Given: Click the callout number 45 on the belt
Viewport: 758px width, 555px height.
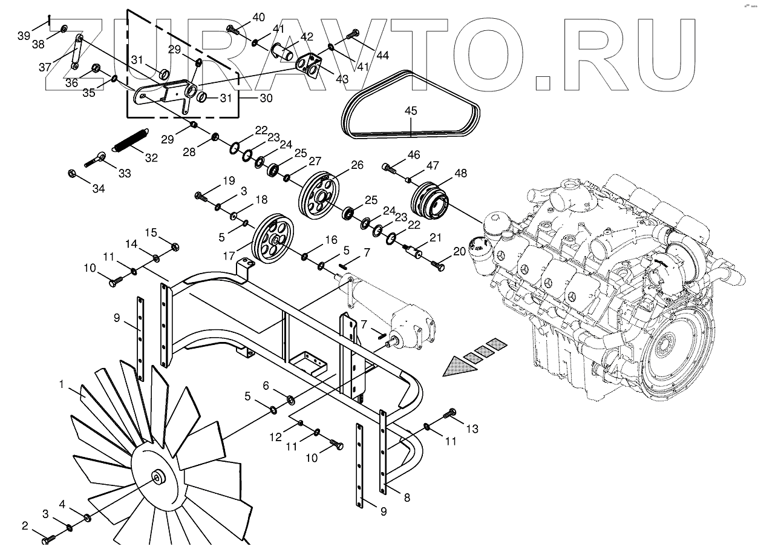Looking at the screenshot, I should pyautogui.click(x=411, y=111).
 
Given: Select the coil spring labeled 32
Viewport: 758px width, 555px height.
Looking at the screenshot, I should pyautogui.click(x=130, y=141).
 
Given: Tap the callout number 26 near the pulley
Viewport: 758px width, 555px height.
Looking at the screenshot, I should pyautogui.click(x=357, y=165).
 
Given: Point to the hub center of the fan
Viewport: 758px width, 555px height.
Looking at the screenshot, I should pyautogui.click(x=158, y=477).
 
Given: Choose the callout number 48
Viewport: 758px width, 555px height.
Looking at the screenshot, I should pyautogui.click(x=460, y=173).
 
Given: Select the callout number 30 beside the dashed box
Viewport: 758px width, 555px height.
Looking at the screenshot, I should pyautogui.click(x=265, y=98).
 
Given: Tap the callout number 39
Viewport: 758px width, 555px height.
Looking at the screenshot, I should pyautogui.click(x=24, y=36).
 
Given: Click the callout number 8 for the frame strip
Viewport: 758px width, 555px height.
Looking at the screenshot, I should pyautogui.click(x=407, y=498).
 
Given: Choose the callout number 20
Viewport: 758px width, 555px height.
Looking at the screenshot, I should pyautogui.click(x=459, y=251).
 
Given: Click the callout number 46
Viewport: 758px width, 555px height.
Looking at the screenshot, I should pyautogui.click(x=414, y=155).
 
